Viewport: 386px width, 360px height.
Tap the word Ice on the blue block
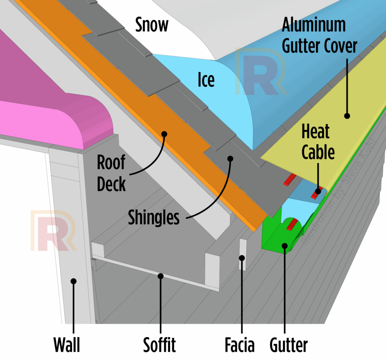point(206,80)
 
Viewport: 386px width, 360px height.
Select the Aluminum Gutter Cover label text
point(319,36)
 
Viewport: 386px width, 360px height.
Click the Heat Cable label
point(318,142)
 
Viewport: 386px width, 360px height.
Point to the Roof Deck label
point(111,173)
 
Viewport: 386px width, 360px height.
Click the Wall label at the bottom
point(66,344)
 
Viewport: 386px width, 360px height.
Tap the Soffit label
point(159,344)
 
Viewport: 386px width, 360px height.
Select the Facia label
point(239,344)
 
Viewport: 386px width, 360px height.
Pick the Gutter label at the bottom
point(289,344)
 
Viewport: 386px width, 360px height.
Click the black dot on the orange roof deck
point(164,133)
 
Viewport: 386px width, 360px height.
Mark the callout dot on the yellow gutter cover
point(347,116)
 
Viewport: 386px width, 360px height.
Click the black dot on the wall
point(74,281)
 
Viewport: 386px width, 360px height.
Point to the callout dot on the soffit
point(161,276)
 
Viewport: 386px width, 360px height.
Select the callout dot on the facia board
point(242,258)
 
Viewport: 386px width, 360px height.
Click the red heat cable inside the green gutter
point(291,225)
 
